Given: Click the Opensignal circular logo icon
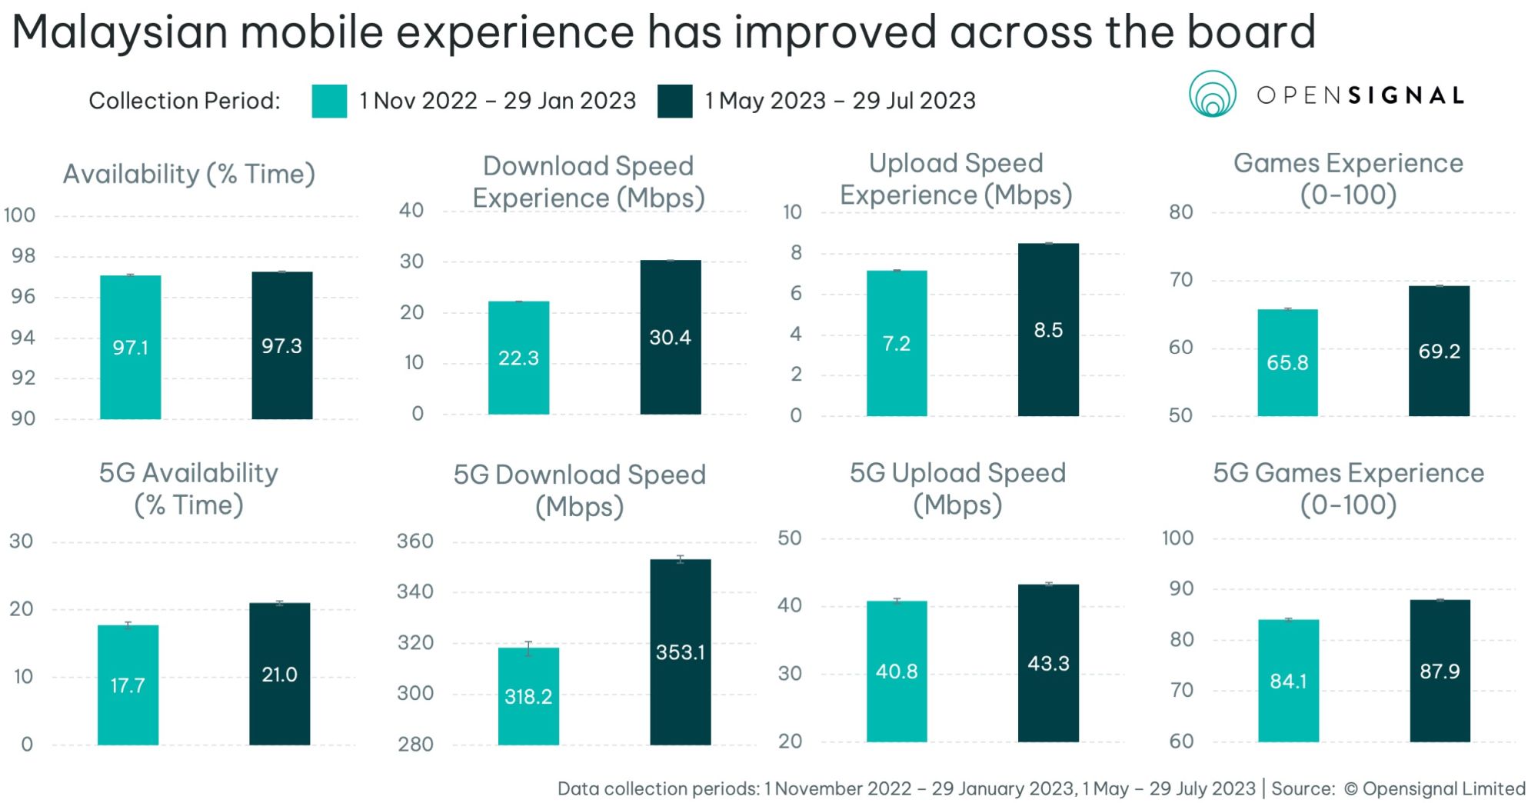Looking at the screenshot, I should [1212, 95].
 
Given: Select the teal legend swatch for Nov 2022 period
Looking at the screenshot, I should [329, 101].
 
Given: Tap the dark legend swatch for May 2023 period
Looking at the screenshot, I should [674, 101].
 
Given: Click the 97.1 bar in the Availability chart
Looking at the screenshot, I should [130, 347].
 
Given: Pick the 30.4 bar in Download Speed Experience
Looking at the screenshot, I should [670, 337].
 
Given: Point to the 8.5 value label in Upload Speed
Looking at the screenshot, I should [1047, 330].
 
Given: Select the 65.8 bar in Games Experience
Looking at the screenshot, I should [1287, 362].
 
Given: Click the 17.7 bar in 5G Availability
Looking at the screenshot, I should [128, 685].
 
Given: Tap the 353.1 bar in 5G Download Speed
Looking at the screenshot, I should [680, 651].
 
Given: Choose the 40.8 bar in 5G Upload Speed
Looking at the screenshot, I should [896, 671].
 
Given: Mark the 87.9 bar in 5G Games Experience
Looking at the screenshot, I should [1439, 671].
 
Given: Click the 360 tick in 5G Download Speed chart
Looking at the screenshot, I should [415, 541].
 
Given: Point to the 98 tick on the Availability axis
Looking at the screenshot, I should [23, 255].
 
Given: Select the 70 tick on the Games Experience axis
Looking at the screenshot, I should [1180, 279].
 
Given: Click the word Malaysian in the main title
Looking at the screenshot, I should [119, 33].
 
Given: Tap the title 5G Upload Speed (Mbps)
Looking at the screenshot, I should [957, 488].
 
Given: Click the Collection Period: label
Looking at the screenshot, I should [185, 101].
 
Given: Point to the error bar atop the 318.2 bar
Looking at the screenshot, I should [528, 648].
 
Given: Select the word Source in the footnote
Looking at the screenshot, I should [1302, 788].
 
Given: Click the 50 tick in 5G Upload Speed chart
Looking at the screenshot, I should [789, 538].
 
